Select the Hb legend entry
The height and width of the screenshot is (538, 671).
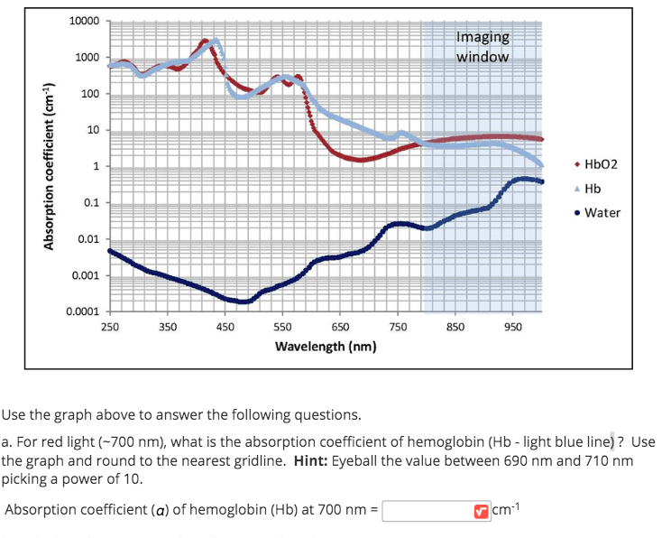(592, 189)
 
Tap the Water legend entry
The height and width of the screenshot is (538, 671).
(602, 213)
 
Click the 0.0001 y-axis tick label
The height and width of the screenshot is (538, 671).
(81, 311)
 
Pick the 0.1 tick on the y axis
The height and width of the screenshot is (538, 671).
(91, 203)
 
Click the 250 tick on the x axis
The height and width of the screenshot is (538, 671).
(109, 327)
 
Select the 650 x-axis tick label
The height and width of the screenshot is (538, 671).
(340, 327)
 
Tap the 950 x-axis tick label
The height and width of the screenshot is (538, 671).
(513, 327)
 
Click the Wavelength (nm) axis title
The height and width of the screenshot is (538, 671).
(326, 347)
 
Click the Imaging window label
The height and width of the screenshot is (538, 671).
(483, 46)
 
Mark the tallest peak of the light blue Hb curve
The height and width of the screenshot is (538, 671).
(215, 42)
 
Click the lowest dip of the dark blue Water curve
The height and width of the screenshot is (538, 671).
(241, 301)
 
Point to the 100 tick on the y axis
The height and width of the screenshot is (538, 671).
(87, 95)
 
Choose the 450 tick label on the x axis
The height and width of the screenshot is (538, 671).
(225, 327)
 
